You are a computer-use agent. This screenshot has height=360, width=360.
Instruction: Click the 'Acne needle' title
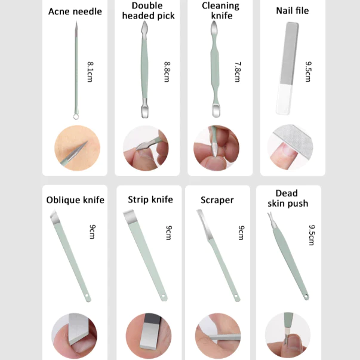(75, 11)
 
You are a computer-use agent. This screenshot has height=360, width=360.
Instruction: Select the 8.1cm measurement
(90, 72)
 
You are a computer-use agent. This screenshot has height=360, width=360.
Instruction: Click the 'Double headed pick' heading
(148, 11)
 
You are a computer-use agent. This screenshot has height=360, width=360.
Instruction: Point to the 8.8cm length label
(167, 72)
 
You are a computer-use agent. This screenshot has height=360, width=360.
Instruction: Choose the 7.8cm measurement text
(238, 72)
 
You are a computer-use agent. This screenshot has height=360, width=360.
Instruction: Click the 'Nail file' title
(293, 11)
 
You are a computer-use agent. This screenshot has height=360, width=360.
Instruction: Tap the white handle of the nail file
(284, 99)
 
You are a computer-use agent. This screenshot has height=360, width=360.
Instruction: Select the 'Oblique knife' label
(75, 200)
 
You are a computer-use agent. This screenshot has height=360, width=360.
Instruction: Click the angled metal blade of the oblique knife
(55, 217)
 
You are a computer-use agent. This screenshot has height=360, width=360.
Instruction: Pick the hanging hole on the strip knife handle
(164, 296)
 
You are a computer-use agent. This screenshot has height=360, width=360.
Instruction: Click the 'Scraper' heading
(217, 200)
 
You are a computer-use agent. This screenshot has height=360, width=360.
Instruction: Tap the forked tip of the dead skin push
(271, 220)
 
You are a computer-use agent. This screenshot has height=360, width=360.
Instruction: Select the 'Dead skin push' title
(288, 198)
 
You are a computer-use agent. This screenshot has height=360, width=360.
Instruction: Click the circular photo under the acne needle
(78, 148)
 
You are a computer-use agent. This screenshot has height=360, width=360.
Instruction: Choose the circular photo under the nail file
(290, 147)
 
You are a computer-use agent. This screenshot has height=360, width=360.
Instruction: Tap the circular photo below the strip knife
(149, 336)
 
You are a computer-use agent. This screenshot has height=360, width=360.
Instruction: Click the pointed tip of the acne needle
(76, 22)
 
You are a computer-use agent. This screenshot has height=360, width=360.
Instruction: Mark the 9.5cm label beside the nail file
(308, 72)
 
